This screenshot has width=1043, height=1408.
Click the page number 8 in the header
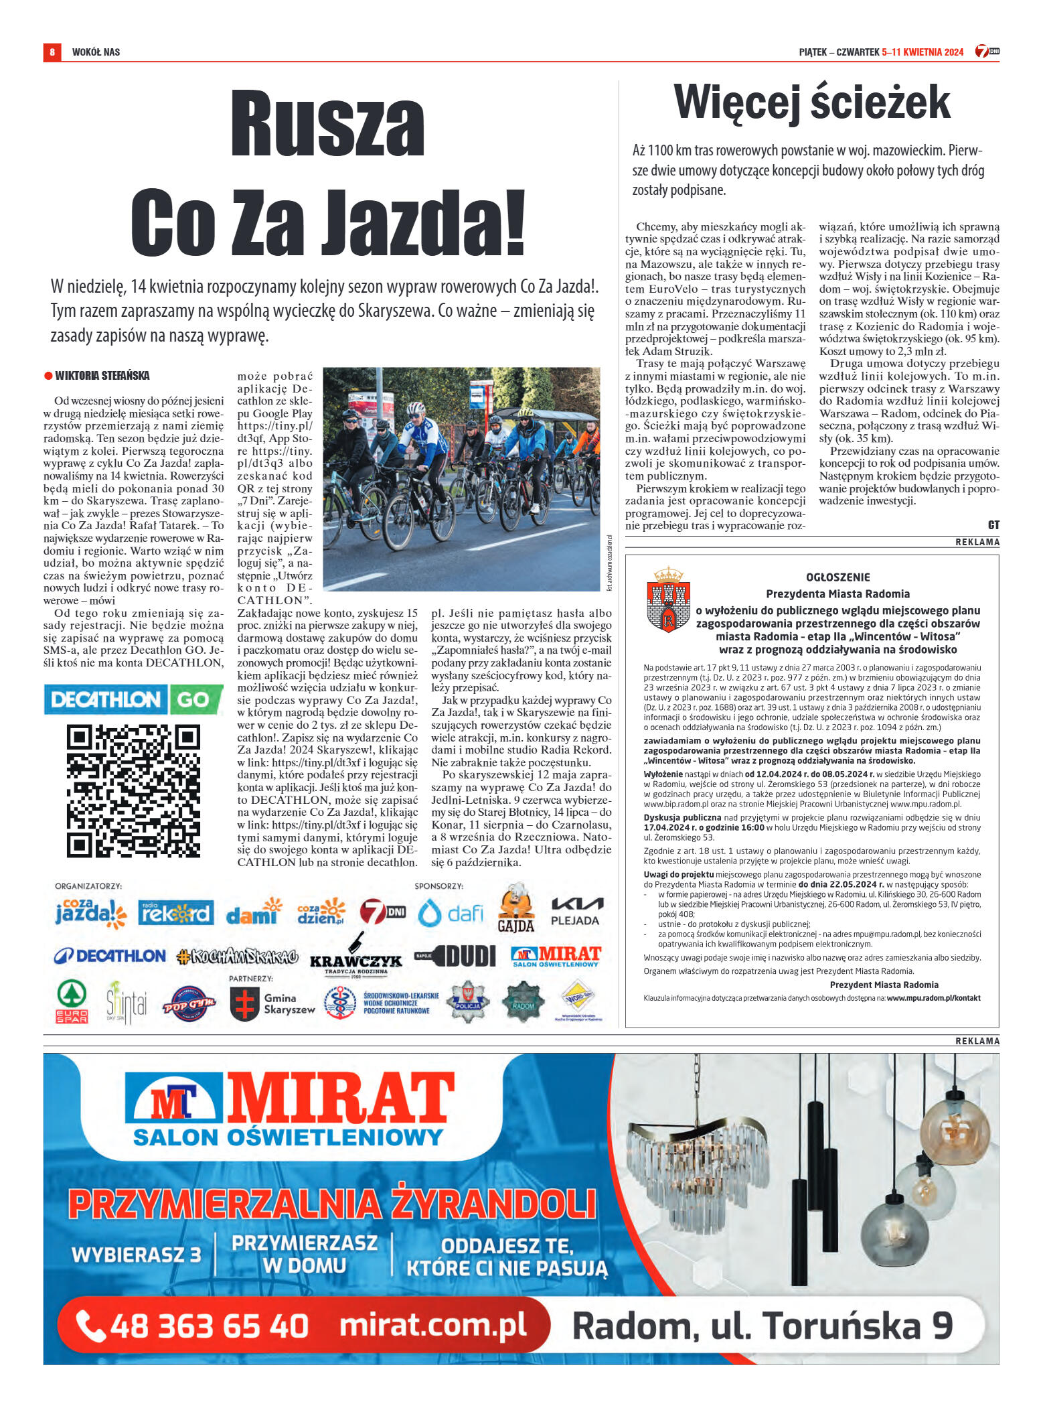52,52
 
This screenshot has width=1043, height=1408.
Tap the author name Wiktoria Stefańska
102,376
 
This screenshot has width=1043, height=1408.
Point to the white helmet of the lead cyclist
416,408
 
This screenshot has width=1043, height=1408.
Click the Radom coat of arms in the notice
668,600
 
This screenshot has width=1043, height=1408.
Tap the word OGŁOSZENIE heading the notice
837,577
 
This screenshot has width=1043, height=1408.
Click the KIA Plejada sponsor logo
575,912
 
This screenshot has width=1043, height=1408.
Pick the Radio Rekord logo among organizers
176,913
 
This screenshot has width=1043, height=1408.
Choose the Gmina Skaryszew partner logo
272,1003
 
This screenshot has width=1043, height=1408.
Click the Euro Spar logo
72,1002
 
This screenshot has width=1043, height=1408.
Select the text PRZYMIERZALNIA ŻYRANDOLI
331,1204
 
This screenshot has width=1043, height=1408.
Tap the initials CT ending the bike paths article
993,524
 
